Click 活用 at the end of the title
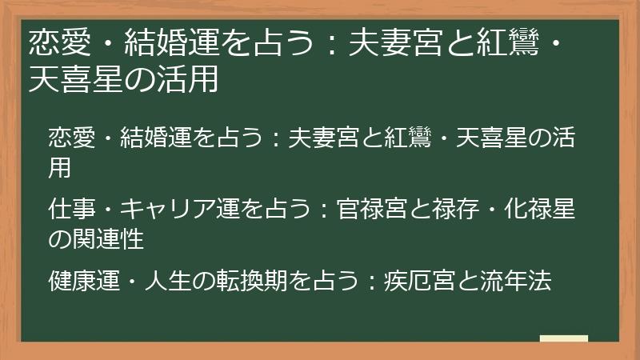(x=192, y=80)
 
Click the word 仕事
(x=70, y=210)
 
